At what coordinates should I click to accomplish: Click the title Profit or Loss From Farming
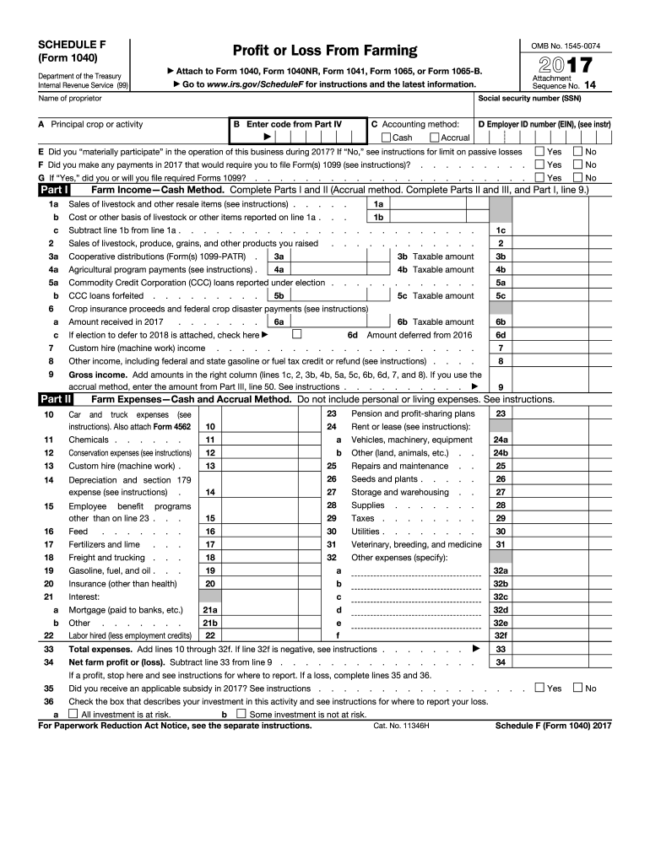click(x=325, y=51)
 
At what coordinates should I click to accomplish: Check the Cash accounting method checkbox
click(x=387, y=138)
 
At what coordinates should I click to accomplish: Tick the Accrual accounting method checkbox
click(x=435, y=138)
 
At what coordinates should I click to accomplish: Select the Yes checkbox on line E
click(x=539, y=152)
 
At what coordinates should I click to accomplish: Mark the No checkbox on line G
click(x=578, y=178)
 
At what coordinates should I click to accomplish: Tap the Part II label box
click(x=56, y=399)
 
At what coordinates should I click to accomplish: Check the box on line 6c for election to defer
click(x=296, y=334)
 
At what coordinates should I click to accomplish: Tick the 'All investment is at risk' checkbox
click(x=73, y=714)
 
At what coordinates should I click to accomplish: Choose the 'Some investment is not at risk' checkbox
click(x=241, y=714)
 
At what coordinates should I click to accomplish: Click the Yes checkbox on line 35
click(x=539, y=688)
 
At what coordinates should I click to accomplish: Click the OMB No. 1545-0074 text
click(x=565, y=44)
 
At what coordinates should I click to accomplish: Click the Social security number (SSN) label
click(x=529, y=99)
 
